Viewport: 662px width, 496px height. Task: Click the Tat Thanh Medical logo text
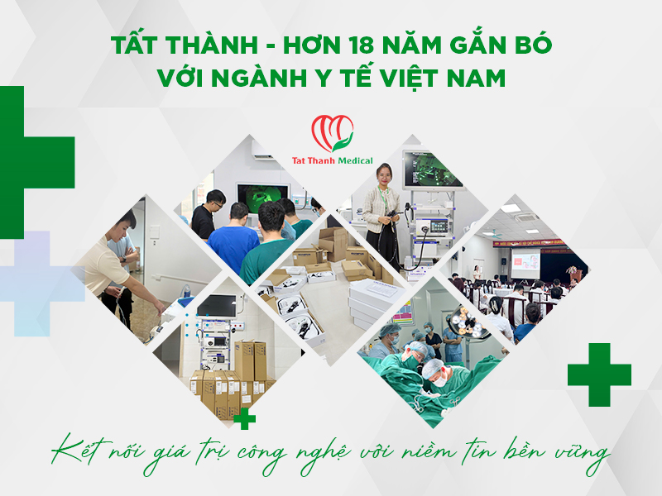pyautogui.click(x=331, y=160)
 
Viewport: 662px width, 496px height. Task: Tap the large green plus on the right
pyautogui.click(x=599, y=374)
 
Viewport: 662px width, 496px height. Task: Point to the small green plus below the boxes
pyautogui.click(x=244, y=420)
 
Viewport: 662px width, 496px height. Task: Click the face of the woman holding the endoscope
pyautogui.click(x=384, y=176)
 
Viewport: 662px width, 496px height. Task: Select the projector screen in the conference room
pyautogui.click(x=525, y=264)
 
